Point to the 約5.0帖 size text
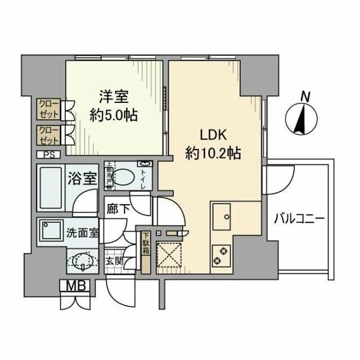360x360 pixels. click(x=115, y=115)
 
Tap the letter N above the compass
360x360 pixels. click(x=305, y=97)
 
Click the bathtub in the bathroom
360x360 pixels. click(x=50, y=187)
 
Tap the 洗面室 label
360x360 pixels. click(x=83, y=231)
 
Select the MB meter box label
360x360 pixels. click(x=76, y=286)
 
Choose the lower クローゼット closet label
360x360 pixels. click(x=49, y=135)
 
